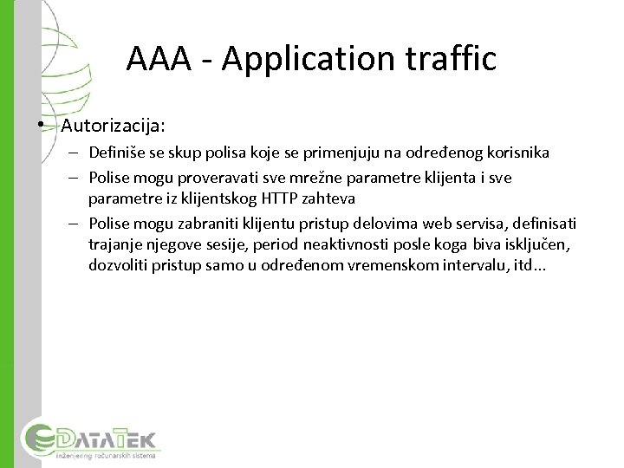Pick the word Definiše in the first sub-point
(114, 153)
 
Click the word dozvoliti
(118, 265)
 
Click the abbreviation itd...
(519, 265)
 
